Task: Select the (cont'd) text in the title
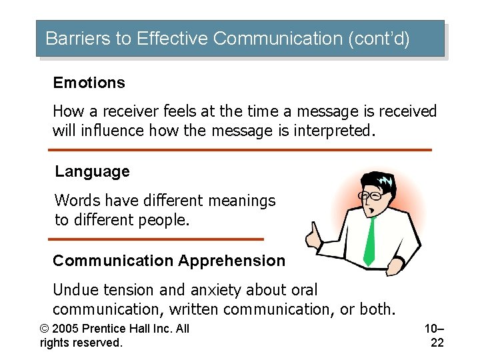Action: tap(379, 39)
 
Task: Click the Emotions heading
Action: tap(89, 83)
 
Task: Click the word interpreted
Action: tap(327, 130)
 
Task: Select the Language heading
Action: tap(92, 171)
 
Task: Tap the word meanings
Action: tap(241, 200)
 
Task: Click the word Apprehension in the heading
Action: tap(232, 261)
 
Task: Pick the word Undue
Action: tap(73, 290)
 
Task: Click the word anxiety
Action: tap(218, 290)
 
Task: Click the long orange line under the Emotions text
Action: tap(241, 150)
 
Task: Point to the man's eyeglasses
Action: tap(371, 196)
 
